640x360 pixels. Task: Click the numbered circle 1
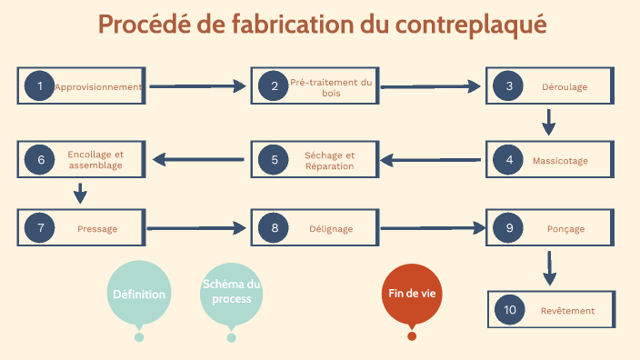(x=39, y=86)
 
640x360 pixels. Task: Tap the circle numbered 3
(x=509, y=86)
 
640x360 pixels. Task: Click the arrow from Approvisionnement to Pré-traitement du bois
(x=197, y=86)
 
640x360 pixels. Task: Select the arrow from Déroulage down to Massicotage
(x=548, y=121)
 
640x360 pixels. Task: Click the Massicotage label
(x=560, y=161)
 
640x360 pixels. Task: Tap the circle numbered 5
(x=274, y=161)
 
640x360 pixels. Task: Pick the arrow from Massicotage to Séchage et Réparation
(x=430, y=161)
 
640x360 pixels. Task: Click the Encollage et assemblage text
(x=95, y=160)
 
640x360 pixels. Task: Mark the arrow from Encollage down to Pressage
(x=80, y=193)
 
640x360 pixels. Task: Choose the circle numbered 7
(x=39, y=228)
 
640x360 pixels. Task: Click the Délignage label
(x=331, y=229)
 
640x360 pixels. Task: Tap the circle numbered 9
(x=509, y=228)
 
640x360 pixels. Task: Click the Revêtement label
(x=567, y=311)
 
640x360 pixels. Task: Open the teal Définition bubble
(x=139, y=294)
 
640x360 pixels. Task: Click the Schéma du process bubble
(x=231, y=292)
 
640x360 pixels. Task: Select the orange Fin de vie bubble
(x=412, y=294)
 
